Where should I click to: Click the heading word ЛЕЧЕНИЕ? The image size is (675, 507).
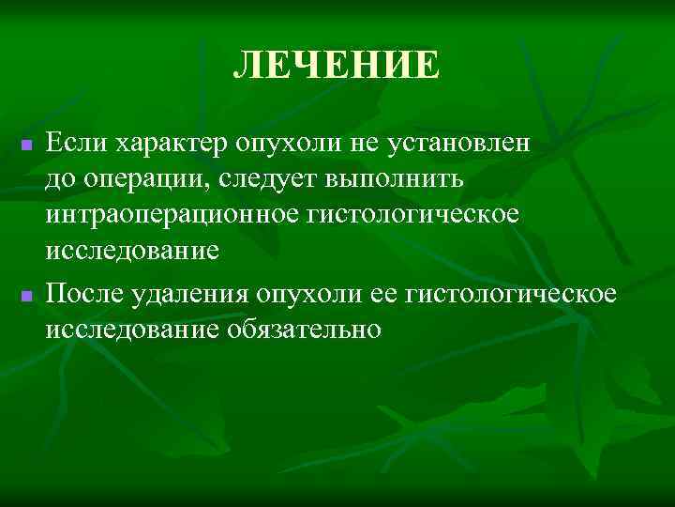pos(336,66)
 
